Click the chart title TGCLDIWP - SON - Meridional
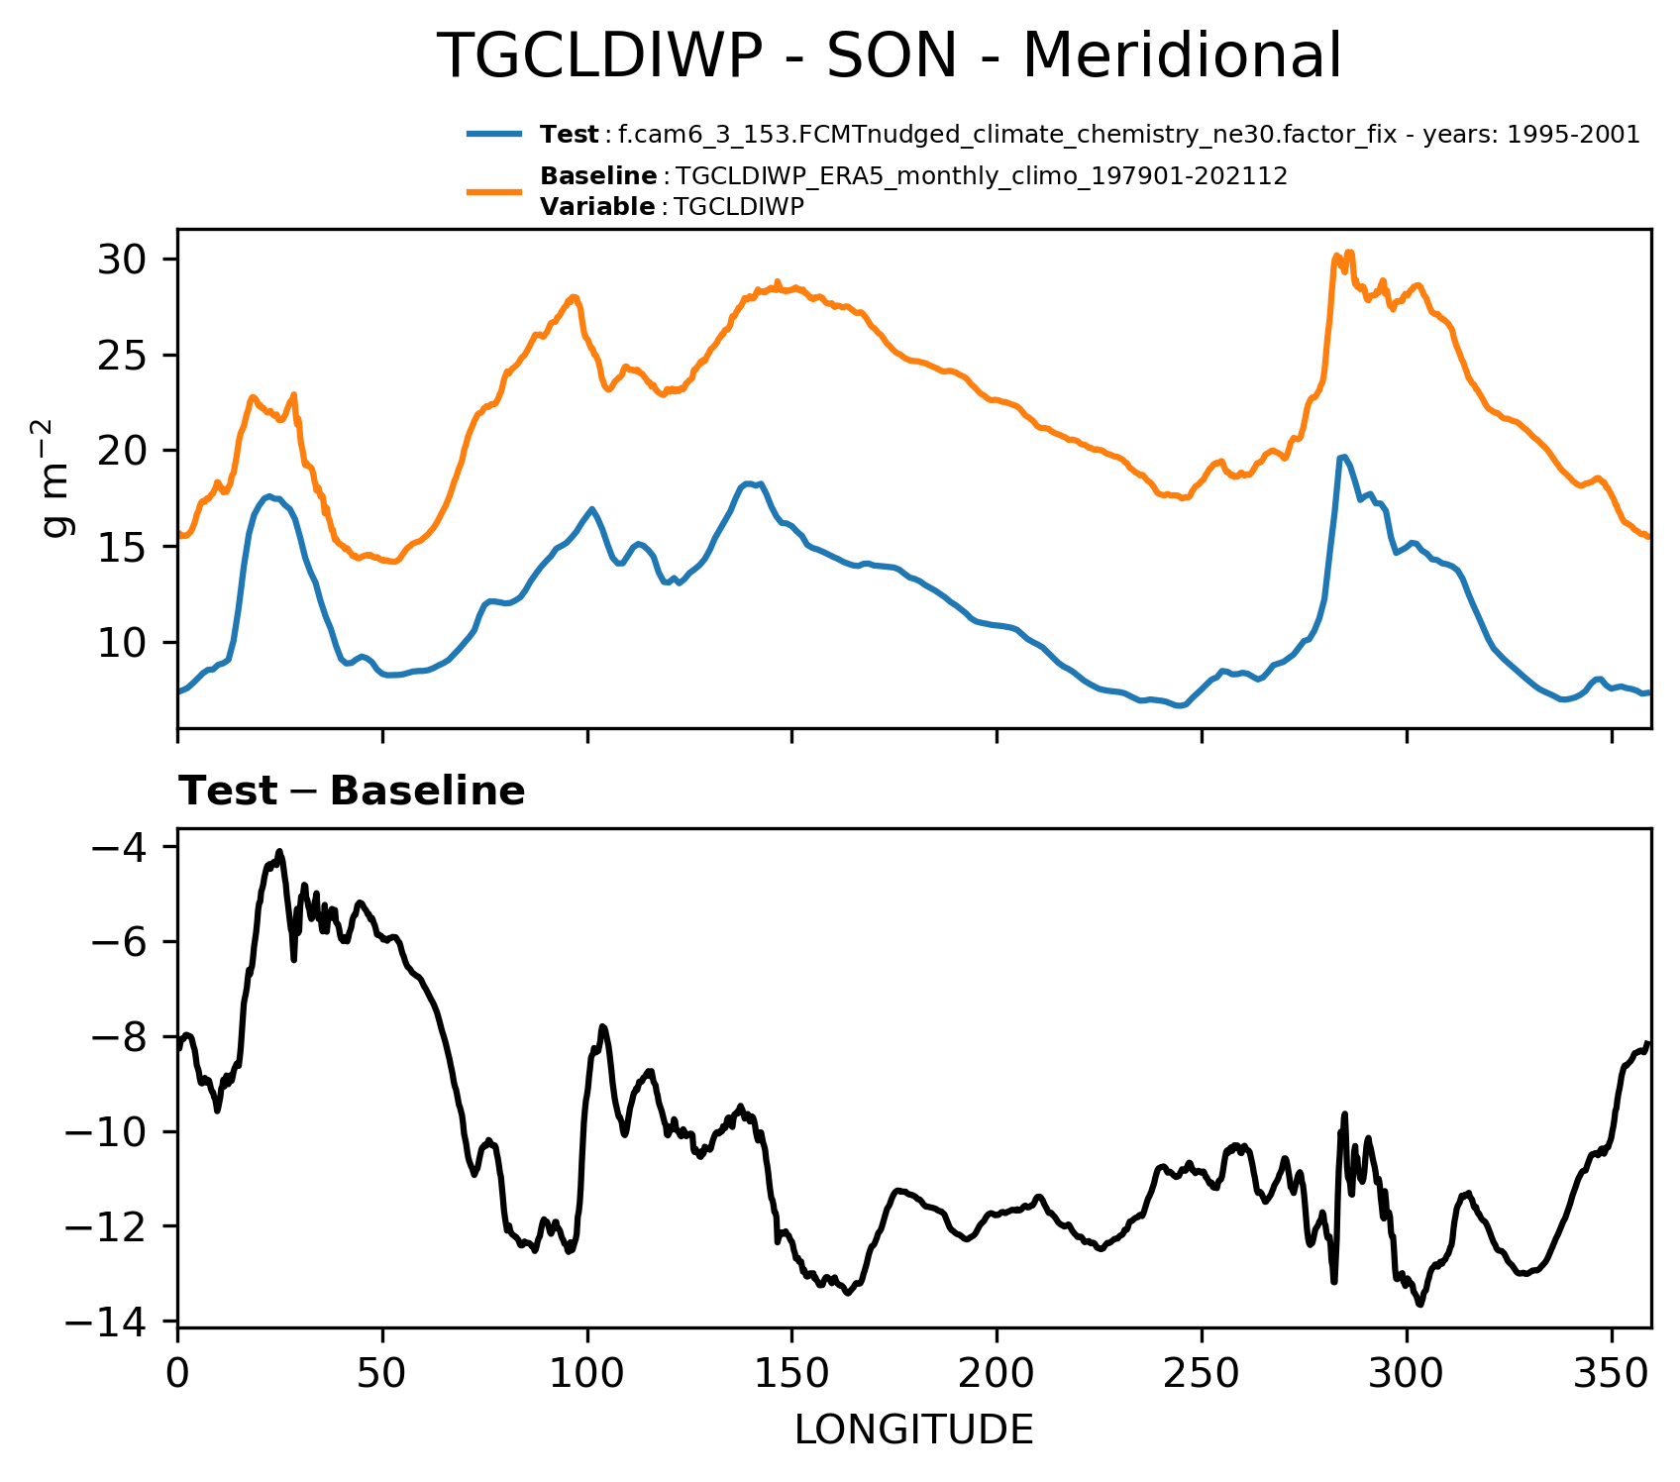(x=889, y=55)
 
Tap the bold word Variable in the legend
(x=597, y=207)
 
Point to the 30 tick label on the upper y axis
(x=123, y=261)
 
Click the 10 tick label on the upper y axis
(x=123, y=644)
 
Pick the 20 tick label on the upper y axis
(x=123, y=452)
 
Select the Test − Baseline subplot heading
(x=352, y=792)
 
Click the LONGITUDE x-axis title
(x=913, y=1430)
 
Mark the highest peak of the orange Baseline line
(x=1349, y=253)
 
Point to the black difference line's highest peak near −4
(x=280, y=852)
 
